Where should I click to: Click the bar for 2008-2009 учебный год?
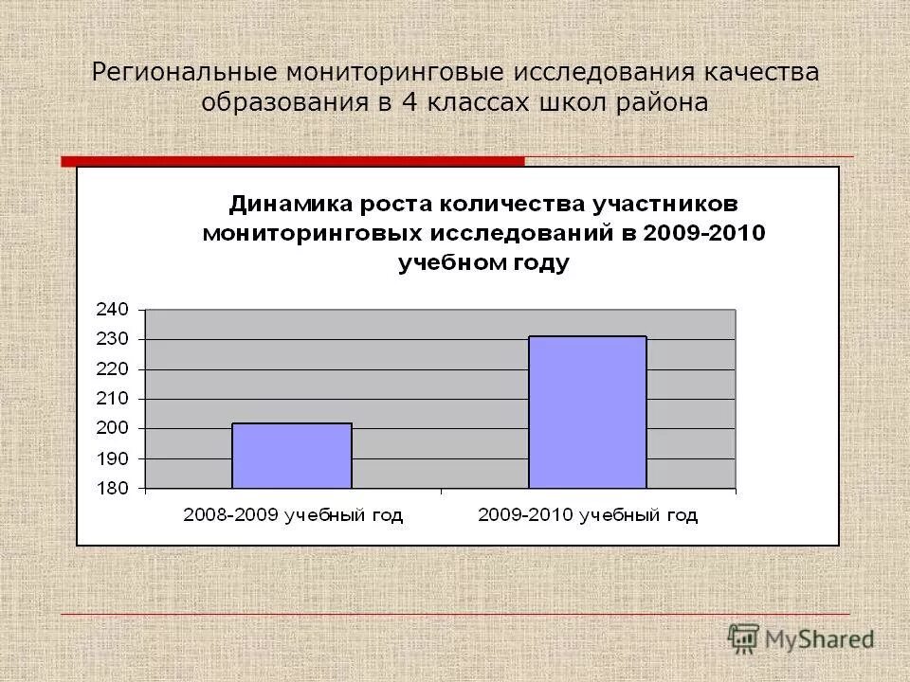click(291, 456)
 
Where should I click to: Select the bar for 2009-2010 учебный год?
click(587, 412)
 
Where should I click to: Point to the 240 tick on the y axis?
click(111, 309)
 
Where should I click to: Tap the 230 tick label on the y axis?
click(111, 339)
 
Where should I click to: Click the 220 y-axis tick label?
click(111, 368)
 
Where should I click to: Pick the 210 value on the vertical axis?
click(111, 399)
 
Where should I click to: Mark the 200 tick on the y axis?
click(111, 428)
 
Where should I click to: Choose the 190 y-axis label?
click(111, 458)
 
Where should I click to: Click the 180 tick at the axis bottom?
click(111, 488)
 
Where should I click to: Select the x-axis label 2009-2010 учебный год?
click(588, 515)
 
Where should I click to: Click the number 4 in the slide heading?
click(409, 102)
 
